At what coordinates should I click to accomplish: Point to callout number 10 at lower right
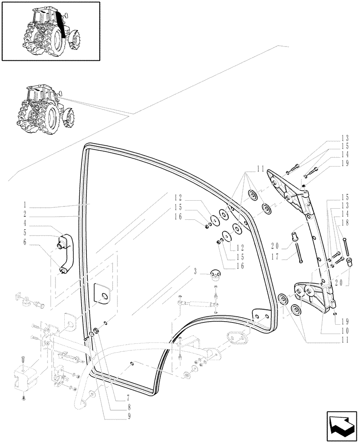[344, 330]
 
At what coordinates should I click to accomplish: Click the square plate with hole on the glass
[102, 294]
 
